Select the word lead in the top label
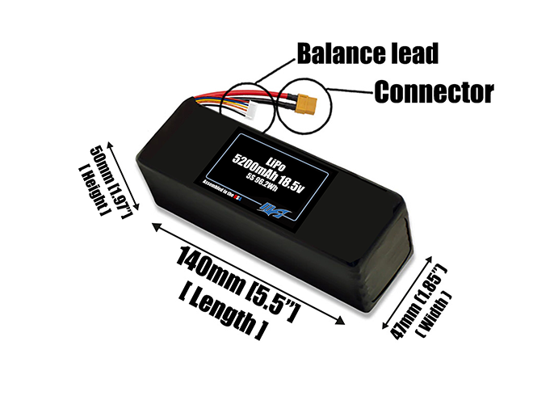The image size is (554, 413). pos(411,54)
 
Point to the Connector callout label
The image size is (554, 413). pos(434,91)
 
